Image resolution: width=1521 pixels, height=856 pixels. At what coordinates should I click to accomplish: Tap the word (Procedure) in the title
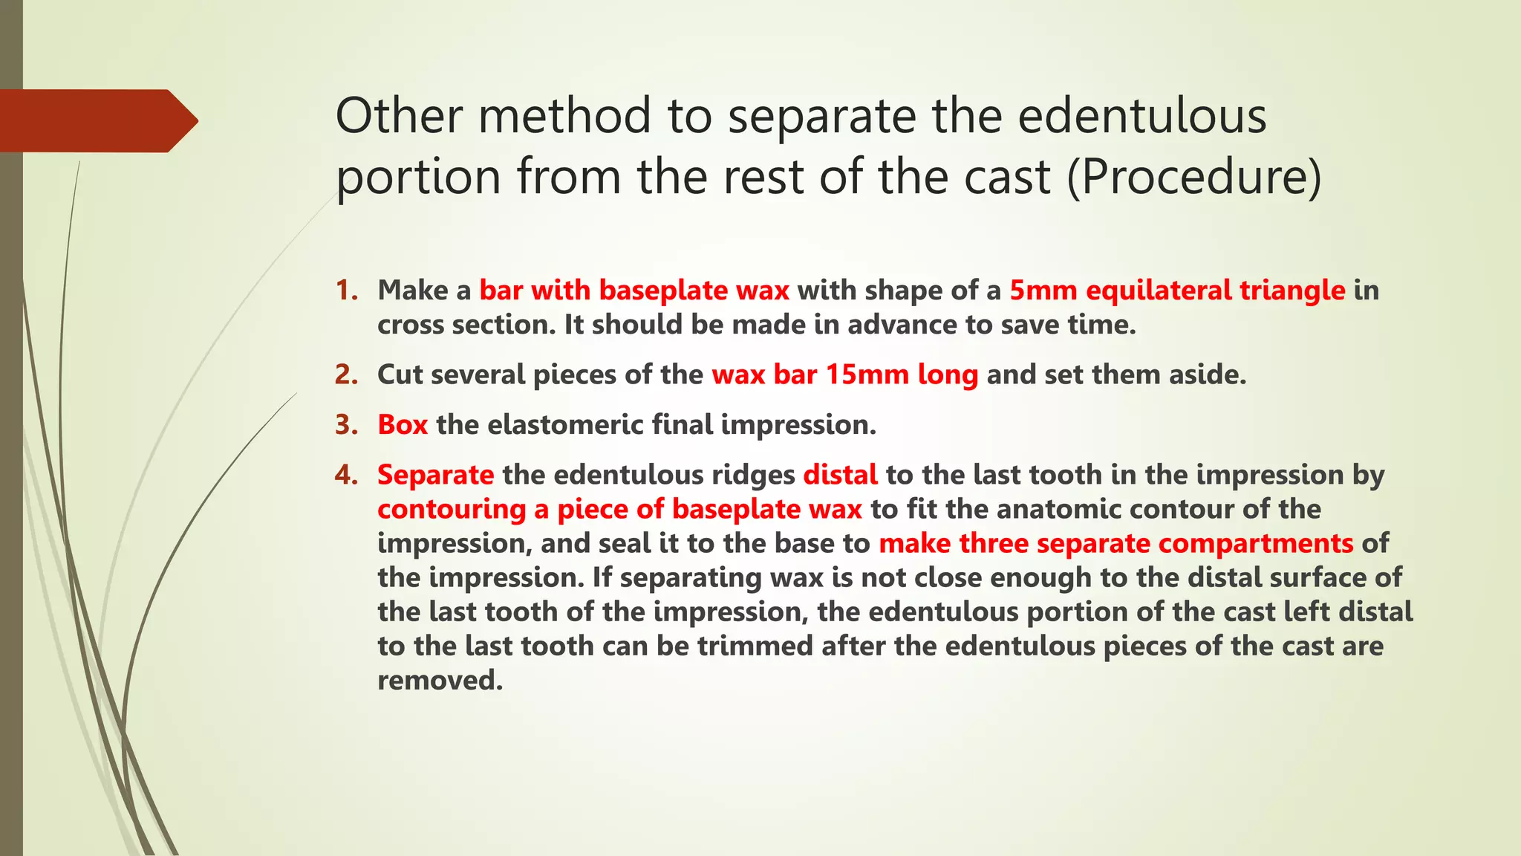point(1194,177)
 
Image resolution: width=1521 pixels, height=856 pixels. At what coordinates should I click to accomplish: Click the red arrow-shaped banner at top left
point(97,120)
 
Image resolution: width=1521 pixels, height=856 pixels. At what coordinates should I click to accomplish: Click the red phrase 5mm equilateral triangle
point(1177,291)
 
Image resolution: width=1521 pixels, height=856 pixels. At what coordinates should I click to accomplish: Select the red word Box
point(403,424)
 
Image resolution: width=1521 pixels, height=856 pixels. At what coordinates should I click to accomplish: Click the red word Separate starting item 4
point(435,475)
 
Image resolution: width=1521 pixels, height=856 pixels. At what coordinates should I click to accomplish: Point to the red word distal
point(840,474)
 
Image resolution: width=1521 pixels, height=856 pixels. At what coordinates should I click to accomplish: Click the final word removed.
point(439,680)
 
